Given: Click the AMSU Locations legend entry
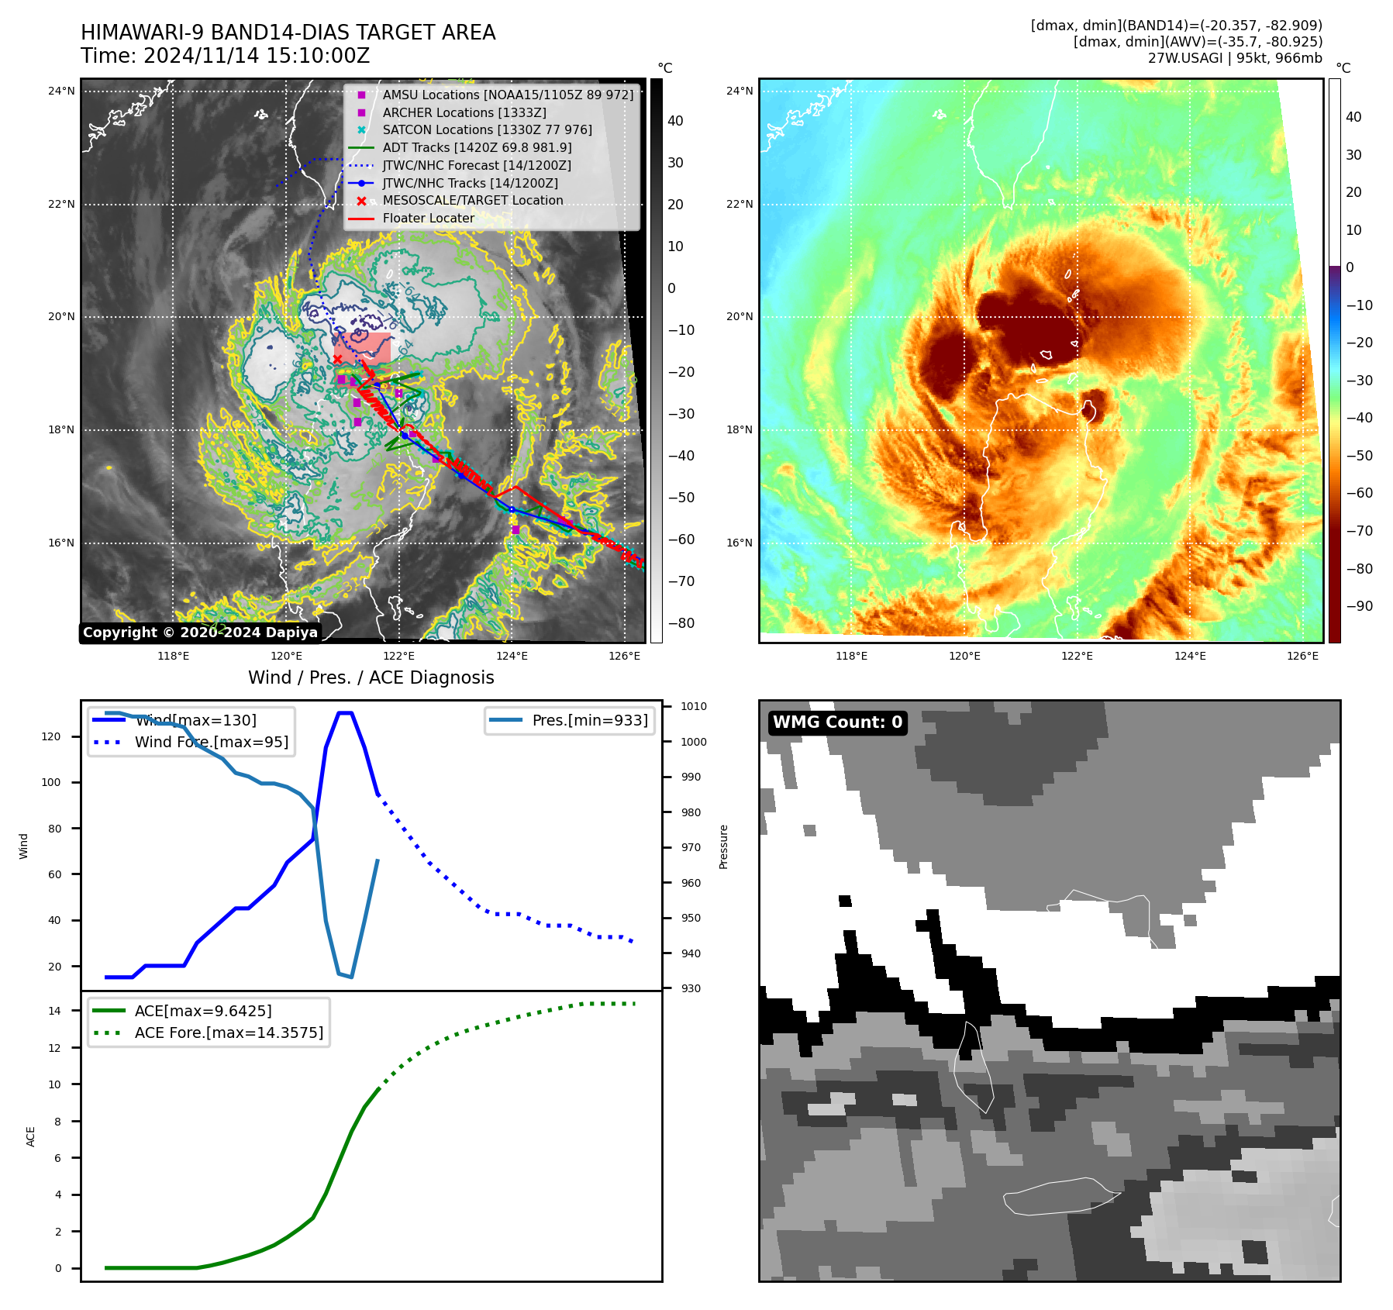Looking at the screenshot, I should pos(508,95).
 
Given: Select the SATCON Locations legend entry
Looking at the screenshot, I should pos(487,130).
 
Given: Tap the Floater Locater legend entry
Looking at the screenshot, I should pos(428,219).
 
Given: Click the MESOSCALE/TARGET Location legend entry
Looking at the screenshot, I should pos(473,201).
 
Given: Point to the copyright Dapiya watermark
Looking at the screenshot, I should pos(200,633).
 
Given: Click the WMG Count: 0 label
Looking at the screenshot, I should pos(837,722).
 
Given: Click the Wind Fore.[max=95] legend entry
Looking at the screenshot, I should pos(211,742).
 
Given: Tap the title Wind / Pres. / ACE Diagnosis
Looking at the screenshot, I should pos(371,677).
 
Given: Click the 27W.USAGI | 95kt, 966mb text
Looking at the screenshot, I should pos(1235,58).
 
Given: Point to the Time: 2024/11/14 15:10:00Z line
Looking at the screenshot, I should pos(226,57).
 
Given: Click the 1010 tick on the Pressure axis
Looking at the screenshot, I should pos(694,706).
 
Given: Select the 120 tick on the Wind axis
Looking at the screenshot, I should pos(50,736).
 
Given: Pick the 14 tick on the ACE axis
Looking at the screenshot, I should pos(55,1011).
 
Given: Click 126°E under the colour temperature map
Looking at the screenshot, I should pos(1302,656).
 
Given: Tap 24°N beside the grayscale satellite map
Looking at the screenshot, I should pos(61,91).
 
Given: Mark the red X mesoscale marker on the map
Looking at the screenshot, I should pos(338,359).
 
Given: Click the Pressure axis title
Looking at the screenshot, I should pos(723,846).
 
